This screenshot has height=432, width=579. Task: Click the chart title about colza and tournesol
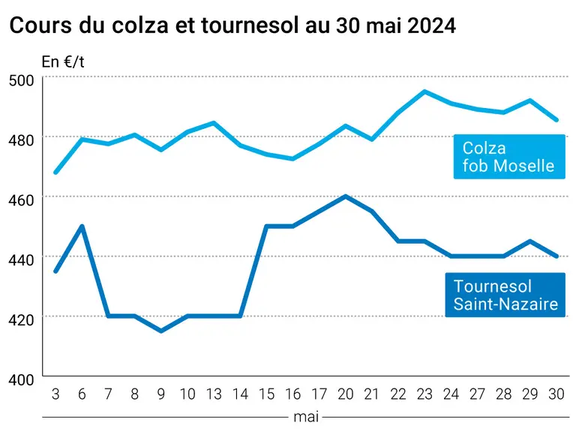(x=232, y=25)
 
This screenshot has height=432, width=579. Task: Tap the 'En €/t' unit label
(x=63, y=61)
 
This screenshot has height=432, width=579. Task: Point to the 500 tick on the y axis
(x=21, y=80)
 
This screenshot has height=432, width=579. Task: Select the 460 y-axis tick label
(x=21, y=199)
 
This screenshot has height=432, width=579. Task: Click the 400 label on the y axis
(x=21, y=379)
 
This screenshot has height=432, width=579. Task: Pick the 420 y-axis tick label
(x=21, y=319)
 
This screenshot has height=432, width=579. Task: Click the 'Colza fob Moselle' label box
(x=509, y=157)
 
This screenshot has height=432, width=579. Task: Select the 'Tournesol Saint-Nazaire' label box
(x=505, y=295)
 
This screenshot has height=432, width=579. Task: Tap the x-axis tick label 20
(x=346, y=394)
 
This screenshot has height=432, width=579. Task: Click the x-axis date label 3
(x=55, y=394)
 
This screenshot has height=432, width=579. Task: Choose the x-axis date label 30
(x=556, y=394)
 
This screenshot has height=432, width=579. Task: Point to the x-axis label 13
(x=214, y=394)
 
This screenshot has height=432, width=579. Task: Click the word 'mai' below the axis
(x=306, y=417)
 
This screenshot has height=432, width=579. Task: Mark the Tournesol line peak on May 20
(x=346, y=196)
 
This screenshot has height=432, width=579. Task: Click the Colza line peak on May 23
(x=424, y=91)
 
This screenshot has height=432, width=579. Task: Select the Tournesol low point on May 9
(x=161, y=331)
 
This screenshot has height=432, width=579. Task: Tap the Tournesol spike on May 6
(x=82, y=226)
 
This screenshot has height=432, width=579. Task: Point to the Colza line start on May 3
(x=55, y=172)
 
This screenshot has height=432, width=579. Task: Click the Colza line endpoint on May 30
(x=556, y=120)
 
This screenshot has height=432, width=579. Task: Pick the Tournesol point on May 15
(x=266, y=226)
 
